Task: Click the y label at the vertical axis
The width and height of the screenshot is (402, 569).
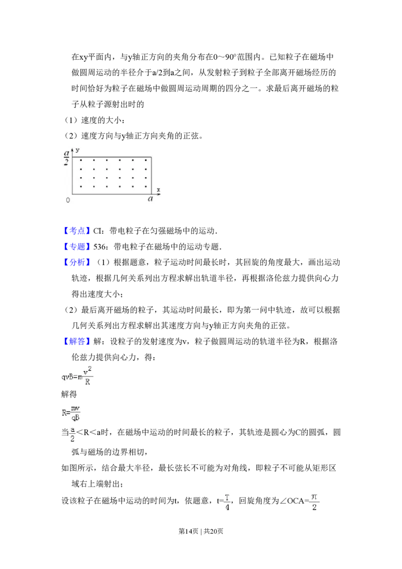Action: click(x=79, y=150)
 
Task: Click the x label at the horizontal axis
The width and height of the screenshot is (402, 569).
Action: click(x=158, y=189)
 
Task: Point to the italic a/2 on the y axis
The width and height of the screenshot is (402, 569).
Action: click(x=66, y=157)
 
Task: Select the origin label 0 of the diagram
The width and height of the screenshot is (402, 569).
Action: click(x=68, y=200)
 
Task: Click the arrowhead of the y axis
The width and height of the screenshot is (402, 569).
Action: click(x=72, y=150)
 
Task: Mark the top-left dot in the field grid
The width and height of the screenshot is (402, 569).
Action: click(x=80, y=160)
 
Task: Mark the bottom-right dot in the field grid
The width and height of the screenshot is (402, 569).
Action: click(x=146, y=186)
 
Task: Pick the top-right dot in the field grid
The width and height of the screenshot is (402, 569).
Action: click(x=146, y=160)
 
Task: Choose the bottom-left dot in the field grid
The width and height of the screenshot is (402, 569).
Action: click(x=80, y=186)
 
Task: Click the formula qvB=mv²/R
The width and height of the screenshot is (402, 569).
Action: click(x=78, y=375)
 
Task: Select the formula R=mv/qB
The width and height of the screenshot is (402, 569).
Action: click(x=72, y=413)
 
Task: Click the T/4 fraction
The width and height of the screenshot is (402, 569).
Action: click(x=227, y=502)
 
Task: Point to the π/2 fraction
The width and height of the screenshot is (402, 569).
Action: click(x=314, y=502)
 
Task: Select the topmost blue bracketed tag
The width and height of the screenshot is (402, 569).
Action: click(x=78, y=231)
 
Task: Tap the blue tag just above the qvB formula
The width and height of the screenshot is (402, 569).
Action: click(x=78, y=341)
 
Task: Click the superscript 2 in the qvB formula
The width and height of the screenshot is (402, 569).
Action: click(x=88, y=367)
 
